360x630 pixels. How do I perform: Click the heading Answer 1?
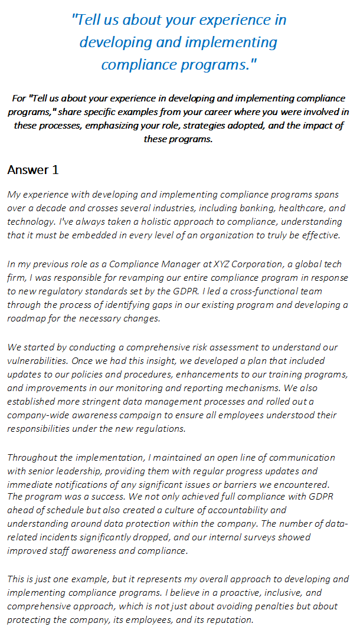[33, 170]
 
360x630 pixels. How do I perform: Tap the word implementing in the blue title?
[236, 42]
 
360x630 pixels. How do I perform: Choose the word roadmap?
[26, 319]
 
